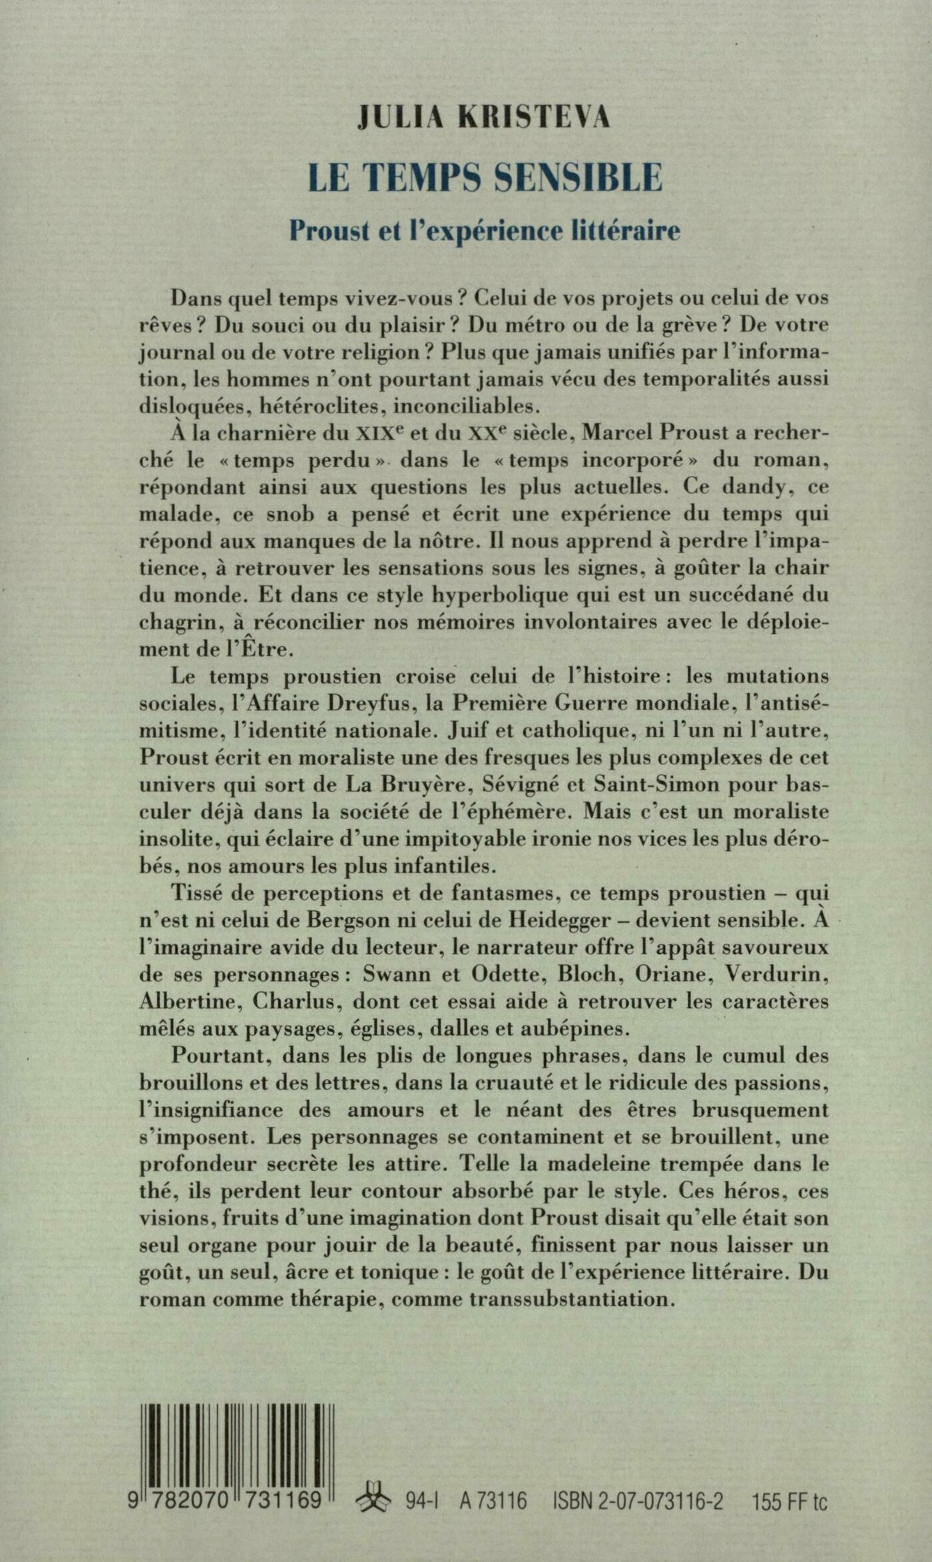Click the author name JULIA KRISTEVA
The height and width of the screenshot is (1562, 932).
click(484, 118)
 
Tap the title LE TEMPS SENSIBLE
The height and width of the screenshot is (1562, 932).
click(485, 178)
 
